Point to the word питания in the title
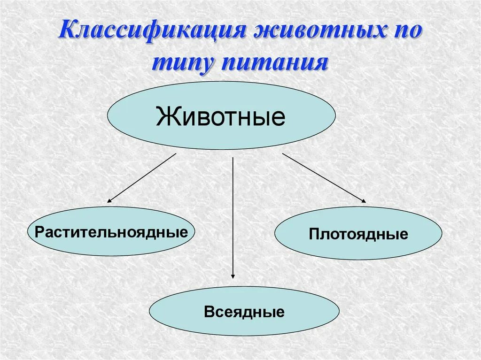277,62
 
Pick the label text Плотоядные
358,234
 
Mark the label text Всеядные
244,312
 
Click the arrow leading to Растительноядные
141,178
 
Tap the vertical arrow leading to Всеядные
233,216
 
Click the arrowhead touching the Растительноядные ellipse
109,200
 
